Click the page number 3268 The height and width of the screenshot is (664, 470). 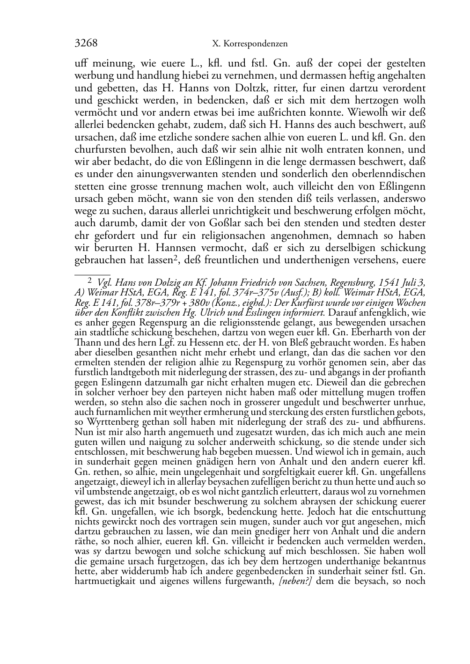86,44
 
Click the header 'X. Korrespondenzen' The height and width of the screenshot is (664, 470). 250,44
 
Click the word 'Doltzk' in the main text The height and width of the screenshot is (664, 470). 235,88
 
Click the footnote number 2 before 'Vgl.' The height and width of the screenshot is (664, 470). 90,281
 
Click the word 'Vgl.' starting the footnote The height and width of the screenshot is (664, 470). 104,282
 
